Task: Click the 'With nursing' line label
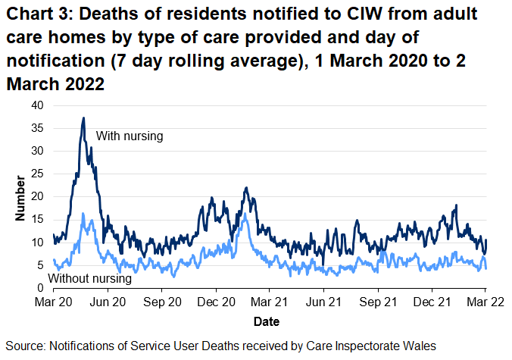coord(130,136)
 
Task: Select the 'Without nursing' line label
coord(89,279)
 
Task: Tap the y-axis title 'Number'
coord(20,198)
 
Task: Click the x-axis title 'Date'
coord(267,321)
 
